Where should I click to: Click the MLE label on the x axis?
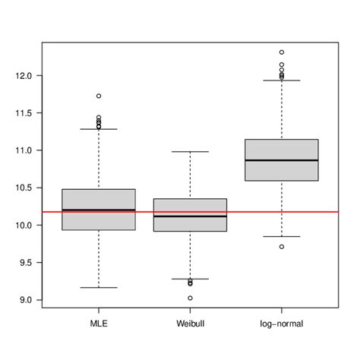[x=99, y=324]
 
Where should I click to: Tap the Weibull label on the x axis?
[x=190, y=324]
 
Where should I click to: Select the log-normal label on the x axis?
[x=282, y=324]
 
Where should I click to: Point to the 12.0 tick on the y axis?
[x=24, y=76]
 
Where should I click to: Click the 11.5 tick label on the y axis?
[x=24, y=113]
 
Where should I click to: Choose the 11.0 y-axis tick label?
[x=24, y=150]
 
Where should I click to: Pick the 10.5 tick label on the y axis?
[x=24, y=188]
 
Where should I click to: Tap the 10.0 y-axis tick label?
[x=24, y=225]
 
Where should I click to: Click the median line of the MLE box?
[x=99, y=210]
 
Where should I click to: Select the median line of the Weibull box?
[x=190, y=216]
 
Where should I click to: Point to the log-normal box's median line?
[x=282, y=160]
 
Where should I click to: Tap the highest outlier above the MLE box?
[x=99, y=96]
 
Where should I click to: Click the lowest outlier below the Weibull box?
[x=190, y=298]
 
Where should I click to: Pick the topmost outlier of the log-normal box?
[x=282, y=52]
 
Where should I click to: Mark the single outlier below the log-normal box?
[x=282, y=247]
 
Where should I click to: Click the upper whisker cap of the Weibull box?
[x=190, y=152]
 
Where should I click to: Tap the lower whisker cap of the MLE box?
[x=99, y=288]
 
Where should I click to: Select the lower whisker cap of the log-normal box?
[x=282, y=236]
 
